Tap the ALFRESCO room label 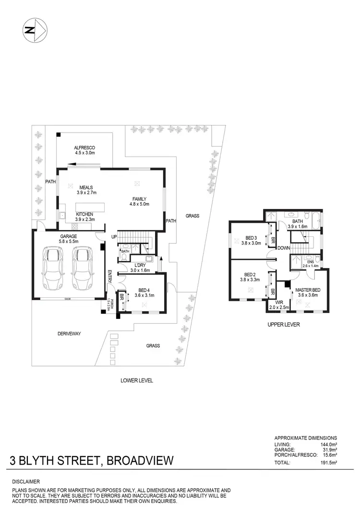pyautogui.click(x=84, y=147)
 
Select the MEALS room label pyautogui.click(x=86, y=187)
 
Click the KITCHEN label pyautogui.click(x=84, y=214)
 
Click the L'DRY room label pyautogui.click(x=141, y=265)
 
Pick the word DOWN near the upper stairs pyautogui.click(x=283, y=248)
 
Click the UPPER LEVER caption pyautogui.click(x=284, y=325)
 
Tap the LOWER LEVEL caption pyautogui.click(x=137, y=380)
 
